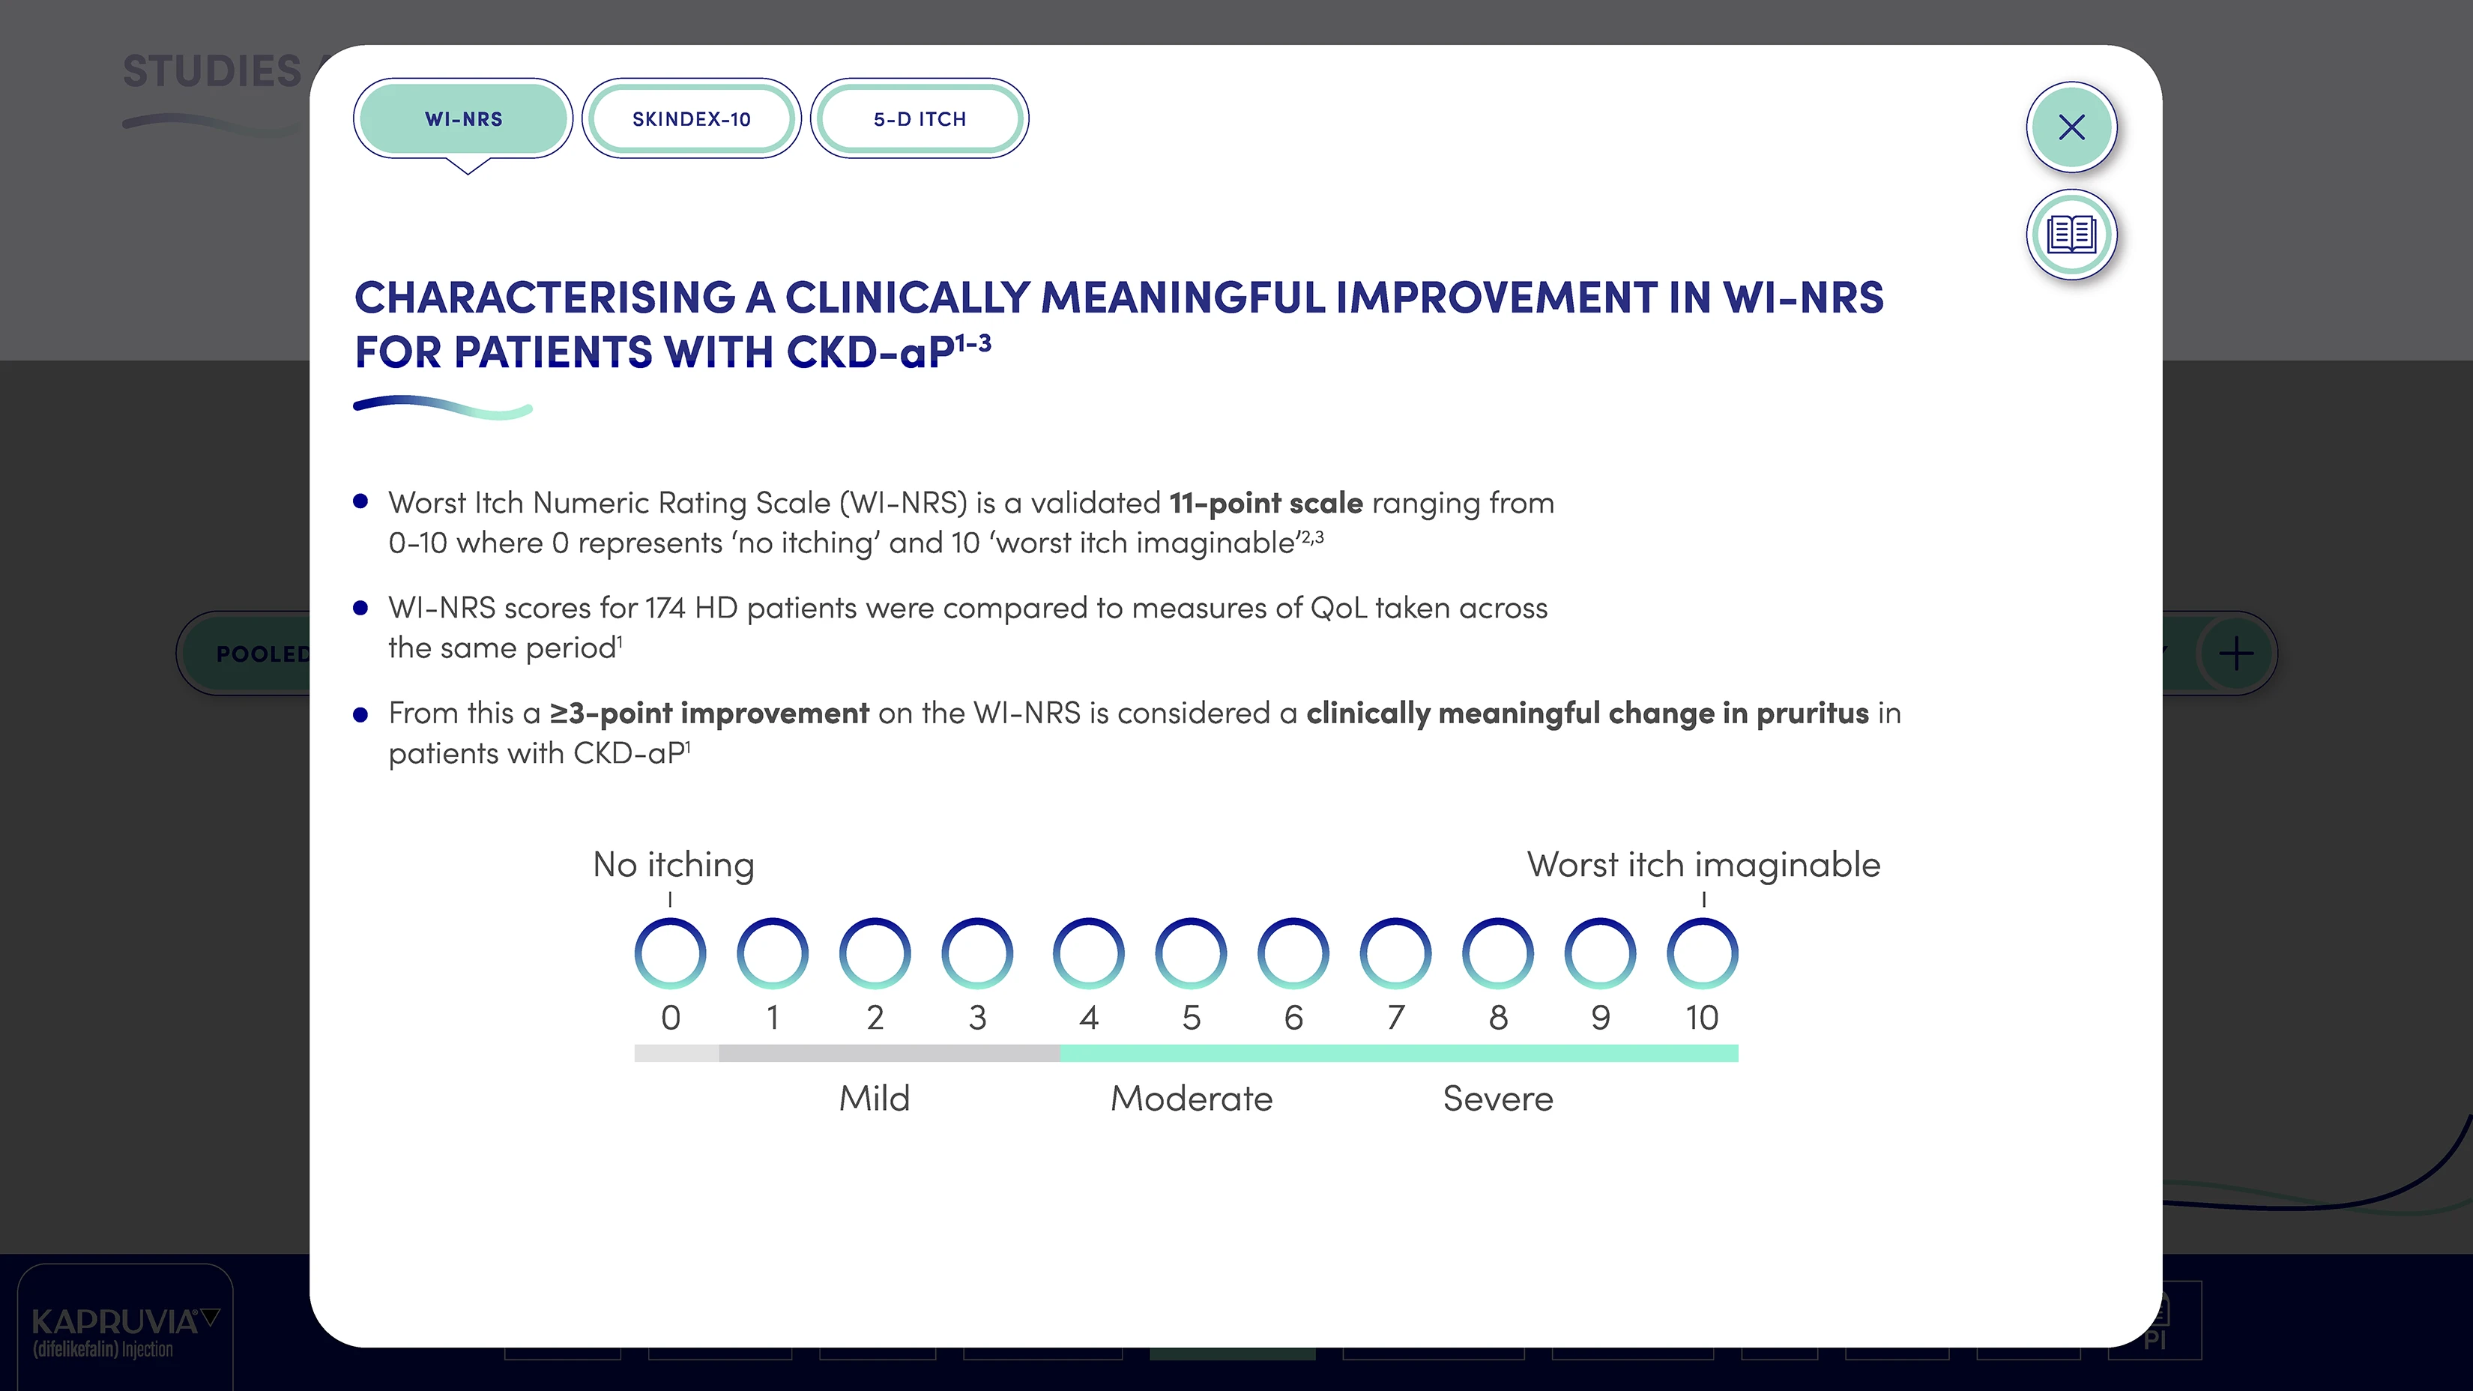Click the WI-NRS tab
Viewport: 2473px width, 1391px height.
point(464,119)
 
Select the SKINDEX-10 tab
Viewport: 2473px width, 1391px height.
point(691,119)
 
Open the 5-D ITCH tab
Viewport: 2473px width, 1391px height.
point(920,119)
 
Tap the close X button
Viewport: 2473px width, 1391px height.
point(2072,127)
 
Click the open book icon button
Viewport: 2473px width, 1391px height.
point(2072,235)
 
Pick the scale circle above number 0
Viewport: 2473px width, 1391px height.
point(670,953)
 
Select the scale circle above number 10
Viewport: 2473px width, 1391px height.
point(1702,953)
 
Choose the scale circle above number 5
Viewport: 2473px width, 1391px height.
point(1191,953)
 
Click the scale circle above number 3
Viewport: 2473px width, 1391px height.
point(977,953)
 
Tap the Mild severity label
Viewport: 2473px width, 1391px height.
point(875,1098)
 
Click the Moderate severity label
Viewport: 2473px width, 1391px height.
point(1192,1098)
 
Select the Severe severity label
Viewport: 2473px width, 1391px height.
point(1497,1098)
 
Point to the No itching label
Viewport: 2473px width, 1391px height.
point(674,865)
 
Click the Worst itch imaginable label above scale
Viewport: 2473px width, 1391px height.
point(1703,865)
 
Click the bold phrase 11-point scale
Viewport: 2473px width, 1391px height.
point(1265,503)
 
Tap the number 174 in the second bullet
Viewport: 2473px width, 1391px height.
point(664,609)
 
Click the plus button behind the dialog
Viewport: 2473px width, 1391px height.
point(2237,654)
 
